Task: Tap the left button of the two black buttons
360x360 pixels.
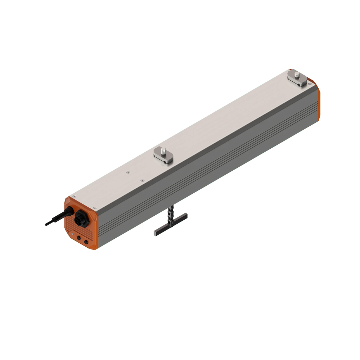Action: click(x=79, y=238)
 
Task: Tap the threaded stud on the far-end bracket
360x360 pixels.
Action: click(x=297, y=75)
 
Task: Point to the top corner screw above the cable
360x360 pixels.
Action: click(x=75, y=196)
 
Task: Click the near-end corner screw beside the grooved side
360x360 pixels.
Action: click(x=94, y=208)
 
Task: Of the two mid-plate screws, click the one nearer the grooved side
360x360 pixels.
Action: click(x=142, y=180)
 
